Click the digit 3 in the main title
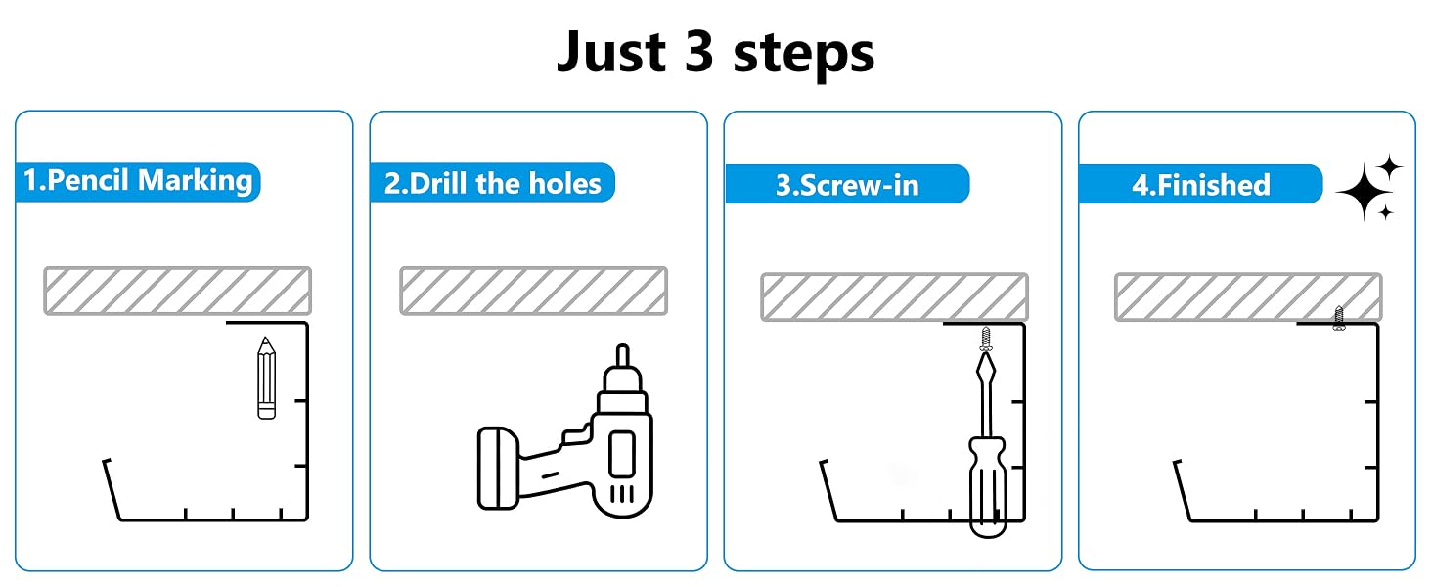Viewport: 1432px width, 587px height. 698,52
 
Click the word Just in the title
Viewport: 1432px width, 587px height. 611,52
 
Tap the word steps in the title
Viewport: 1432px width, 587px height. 804,54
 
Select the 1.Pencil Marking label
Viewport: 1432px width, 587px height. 138,182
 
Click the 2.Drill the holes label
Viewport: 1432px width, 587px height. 492,183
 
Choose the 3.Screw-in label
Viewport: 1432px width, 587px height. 848,184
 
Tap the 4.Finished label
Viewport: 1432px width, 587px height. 1200,184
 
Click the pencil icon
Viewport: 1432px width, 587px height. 267,378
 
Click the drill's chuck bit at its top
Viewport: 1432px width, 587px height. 623,355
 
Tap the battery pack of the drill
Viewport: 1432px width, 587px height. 499,469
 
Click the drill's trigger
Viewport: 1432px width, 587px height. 574,437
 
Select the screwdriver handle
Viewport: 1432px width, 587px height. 988,486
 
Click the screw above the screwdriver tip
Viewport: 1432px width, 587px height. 986,339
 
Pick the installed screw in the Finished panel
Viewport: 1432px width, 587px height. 1339,318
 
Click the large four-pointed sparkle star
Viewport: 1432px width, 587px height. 1365,193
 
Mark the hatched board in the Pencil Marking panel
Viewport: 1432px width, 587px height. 178,291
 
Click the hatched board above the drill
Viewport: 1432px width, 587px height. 534,291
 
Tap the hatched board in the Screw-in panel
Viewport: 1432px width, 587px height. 895,296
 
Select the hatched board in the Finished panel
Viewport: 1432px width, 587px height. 1248,296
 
